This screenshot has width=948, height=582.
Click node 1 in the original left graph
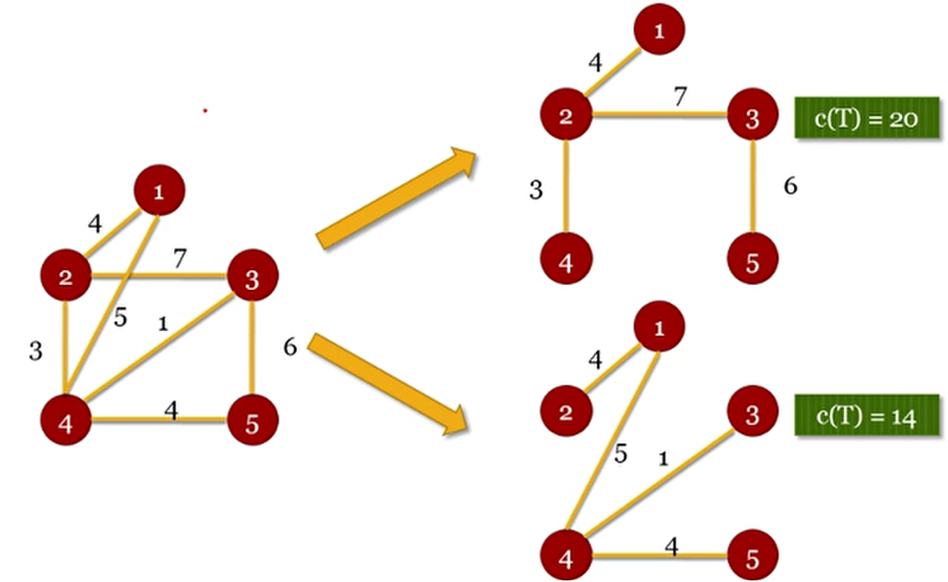[x=159, y=193]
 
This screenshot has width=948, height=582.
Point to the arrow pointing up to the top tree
[x=396, y=198]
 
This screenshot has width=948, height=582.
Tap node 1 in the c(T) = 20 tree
[x=659, y=31]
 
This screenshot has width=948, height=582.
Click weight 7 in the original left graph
[x=178, y=259]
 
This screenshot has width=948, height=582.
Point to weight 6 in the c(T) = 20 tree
[x=790, y=186]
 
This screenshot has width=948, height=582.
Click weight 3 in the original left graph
[x=35, y=351]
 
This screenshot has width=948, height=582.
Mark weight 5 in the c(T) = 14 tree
[x=620, y=455]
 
